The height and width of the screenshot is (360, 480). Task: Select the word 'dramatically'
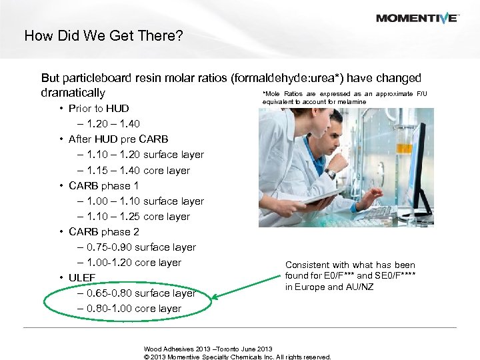73,93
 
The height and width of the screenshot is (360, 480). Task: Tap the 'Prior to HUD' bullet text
99,108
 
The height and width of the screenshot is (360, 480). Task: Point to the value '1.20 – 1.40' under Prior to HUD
114,123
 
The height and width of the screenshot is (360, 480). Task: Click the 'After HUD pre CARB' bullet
118,139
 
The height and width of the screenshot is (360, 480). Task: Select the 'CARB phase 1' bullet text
103,185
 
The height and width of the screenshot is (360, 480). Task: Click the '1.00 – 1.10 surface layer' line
145,201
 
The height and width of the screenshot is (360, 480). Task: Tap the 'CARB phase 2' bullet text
103,231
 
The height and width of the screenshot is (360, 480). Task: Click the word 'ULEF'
82,277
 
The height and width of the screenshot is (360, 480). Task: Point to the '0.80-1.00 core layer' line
133,308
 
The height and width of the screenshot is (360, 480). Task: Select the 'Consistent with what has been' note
349,265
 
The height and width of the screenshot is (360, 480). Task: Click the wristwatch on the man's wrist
331,174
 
